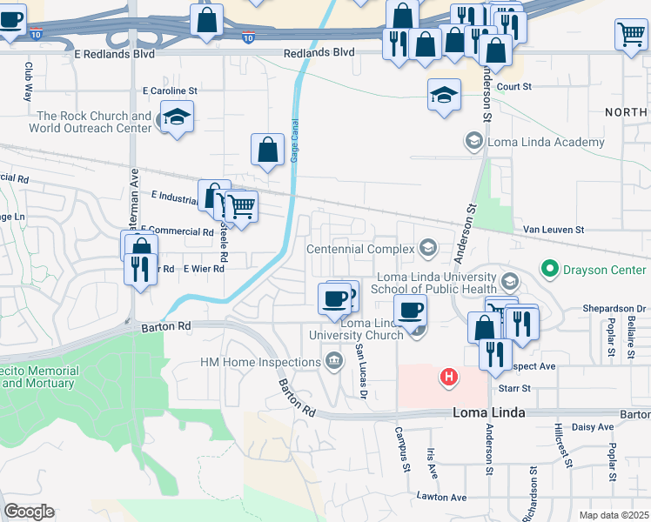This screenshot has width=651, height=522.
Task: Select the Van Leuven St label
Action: (x=554, y=230)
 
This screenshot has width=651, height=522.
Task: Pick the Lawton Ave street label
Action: (x=440, y=498)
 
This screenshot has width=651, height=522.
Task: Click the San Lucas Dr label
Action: (x=359, y=371)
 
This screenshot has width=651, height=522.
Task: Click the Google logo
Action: (x=30, y=511)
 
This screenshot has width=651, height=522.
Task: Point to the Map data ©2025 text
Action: (x=614, y=515)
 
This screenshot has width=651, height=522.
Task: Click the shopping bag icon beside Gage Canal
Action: (x=267, y=150)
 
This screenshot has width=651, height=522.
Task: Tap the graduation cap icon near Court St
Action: (x=444, y=95)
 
